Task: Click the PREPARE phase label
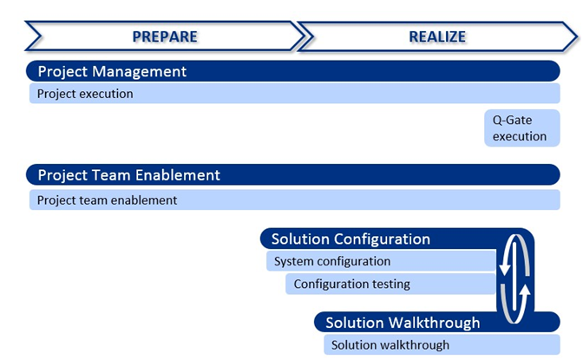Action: pos(165,36)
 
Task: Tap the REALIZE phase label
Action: pos(437,36)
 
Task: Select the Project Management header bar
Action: pos(293,71)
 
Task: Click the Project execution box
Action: pos(294,94)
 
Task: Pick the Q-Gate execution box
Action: pos(522,128)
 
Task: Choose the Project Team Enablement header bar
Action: pos(293,174)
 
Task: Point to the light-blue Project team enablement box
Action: pos(294,200)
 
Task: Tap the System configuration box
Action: pos(381,261)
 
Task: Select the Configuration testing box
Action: pos(390,285)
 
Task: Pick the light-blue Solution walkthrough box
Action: pos(442,344)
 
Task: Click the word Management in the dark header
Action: pos(139,71)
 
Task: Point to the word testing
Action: pos(391,285)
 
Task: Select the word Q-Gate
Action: pos(512,120)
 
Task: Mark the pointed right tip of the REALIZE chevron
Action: pos(578,36)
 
